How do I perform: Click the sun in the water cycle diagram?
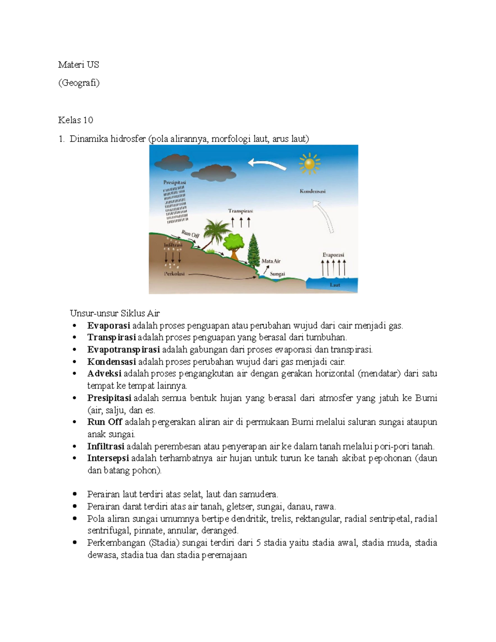coord(309,163)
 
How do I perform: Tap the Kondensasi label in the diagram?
coord(312,191)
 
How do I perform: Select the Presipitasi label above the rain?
coord(174,182)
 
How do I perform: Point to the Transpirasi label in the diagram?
coord(240,211)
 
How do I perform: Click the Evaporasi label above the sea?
coord(333,255)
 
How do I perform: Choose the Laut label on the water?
coord(335,285)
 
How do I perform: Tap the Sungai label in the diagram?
coord(277,274)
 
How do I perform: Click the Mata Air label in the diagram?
coord(271,261)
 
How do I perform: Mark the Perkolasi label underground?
coord(174,274)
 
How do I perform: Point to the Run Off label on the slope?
coord(191,234)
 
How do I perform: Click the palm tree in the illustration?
coord(215,232)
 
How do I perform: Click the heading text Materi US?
coord(79,64)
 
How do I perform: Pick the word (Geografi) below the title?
coord(79,83)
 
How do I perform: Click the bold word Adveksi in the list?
coord(104,374)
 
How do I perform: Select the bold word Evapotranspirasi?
coord(123,350)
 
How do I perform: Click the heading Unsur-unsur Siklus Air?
coord(114,313)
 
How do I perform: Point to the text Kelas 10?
coord(76,120)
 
